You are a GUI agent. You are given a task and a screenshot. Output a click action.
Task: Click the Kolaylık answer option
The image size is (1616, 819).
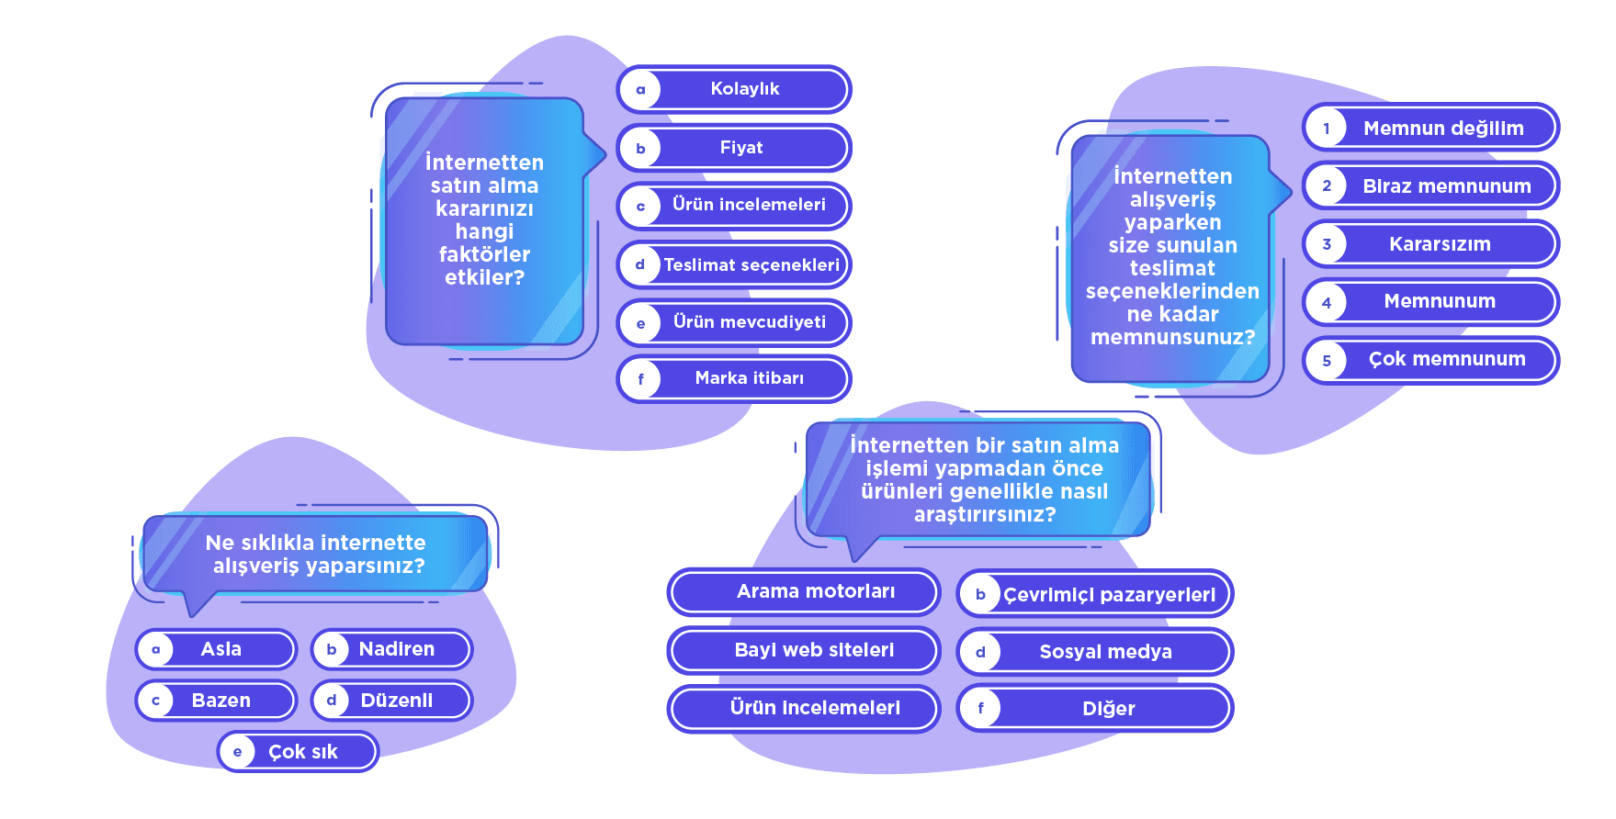(x=744, y=89)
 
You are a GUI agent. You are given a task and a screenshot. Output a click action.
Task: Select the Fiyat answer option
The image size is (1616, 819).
(x=740, y=148)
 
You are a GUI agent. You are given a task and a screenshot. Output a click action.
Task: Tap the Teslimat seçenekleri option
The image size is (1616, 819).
(x=751, y=265)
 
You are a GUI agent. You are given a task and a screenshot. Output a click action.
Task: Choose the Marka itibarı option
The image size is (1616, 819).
(x=749, y=378)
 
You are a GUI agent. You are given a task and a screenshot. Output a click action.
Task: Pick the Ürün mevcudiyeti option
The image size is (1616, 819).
(x=749, y=322)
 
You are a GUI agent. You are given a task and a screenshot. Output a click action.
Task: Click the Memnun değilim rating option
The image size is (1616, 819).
(x=1442, y=129)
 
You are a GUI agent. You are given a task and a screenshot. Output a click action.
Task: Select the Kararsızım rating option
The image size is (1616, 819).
(x=1439, y=244)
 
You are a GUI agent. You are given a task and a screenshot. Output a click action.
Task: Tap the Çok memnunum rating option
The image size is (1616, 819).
(x=1446, y=359)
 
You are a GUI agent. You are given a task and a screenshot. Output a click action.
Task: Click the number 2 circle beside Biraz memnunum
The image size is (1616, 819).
(x=1327, y=185)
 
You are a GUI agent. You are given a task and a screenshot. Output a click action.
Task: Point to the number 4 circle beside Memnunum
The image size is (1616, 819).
(x=1327, y=302)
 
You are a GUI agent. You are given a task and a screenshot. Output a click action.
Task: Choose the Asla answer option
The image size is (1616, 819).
(x=220, y=649)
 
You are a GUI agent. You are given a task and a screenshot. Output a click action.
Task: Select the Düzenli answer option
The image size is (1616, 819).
(x=396, y=701)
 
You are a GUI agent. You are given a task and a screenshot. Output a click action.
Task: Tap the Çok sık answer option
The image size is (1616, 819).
(x=302, y=752)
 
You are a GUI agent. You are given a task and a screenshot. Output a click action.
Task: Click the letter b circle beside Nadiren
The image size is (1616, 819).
(x=332, y=649)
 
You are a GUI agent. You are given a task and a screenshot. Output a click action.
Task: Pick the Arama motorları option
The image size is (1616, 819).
(x=815, y=591)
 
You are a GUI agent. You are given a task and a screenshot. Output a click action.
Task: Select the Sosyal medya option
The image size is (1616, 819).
(x=1105, y=652)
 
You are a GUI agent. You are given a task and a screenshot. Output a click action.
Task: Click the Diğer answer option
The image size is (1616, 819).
(x=1108, y=709)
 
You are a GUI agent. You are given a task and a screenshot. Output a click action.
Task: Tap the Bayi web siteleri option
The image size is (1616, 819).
(x=814, y=650)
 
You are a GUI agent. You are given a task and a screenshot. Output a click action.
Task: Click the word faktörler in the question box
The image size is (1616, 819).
(x=484, y=254)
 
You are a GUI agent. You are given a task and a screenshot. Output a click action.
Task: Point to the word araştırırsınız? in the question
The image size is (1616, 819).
(x=984, y=514)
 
